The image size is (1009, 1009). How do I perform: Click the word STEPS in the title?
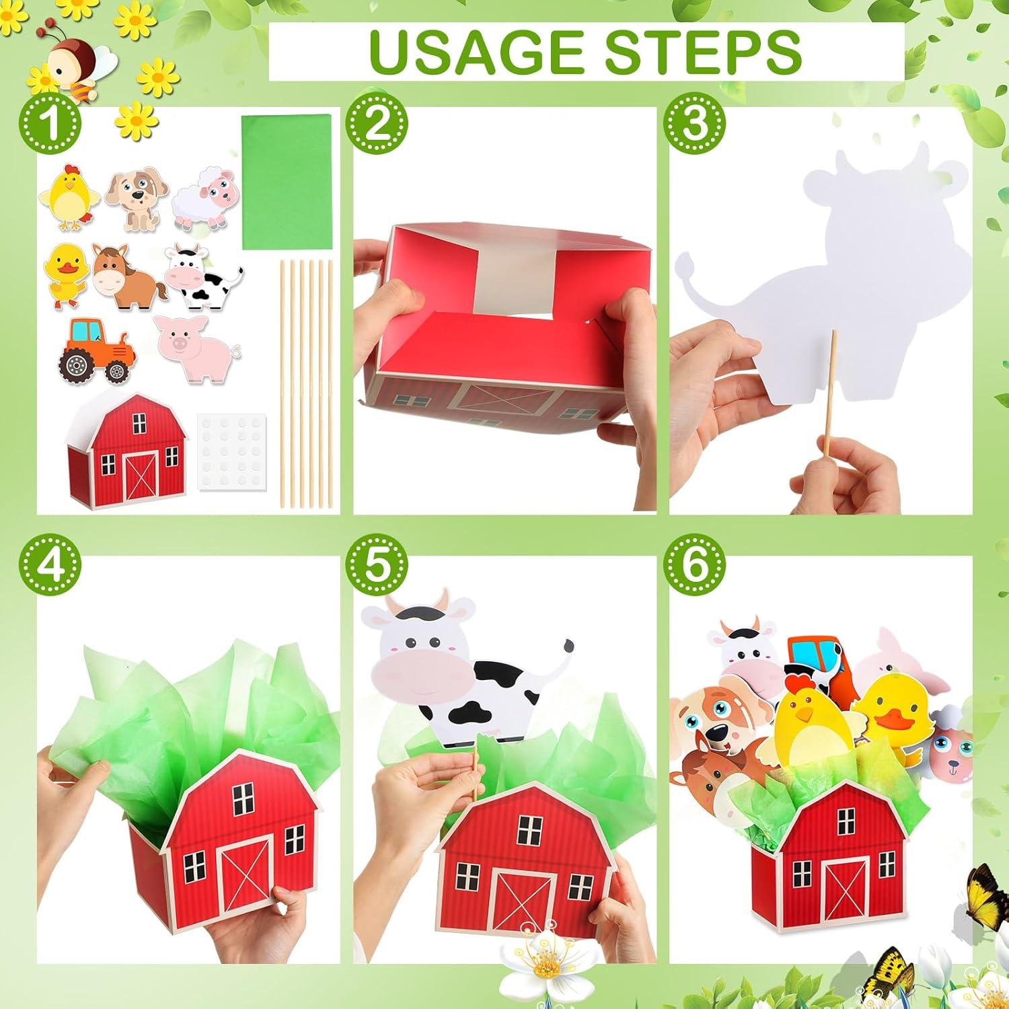[x=700, y=50]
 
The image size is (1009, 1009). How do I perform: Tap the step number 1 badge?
[x=50, y=124]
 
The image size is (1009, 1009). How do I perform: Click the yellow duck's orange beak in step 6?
[x=895, y=720]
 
